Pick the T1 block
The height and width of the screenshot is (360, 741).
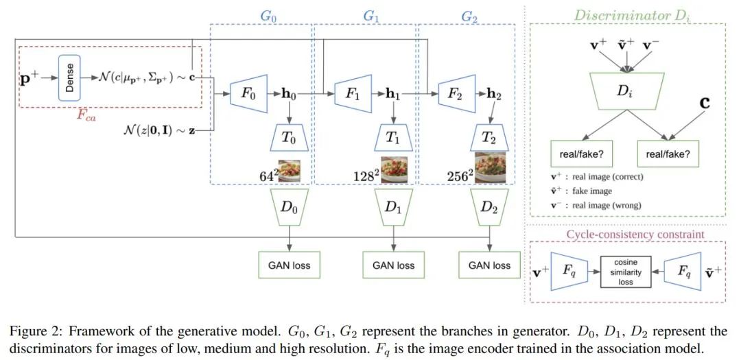click(392, 137)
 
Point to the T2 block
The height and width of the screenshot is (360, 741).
click(489, 137)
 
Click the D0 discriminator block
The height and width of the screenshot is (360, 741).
click(289, 206)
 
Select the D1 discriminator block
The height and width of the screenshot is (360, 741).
click(392, 206)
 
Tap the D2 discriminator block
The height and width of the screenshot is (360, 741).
click(489, 206)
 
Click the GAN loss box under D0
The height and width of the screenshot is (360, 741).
click(289, 265)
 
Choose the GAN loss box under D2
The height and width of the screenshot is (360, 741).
click(489, 265)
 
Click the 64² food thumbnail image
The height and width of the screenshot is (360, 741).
click(290, 170)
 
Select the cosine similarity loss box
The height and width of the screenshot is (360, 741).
click(625, 272)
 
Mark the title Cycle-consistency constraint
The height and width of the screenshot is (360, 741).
click(625, 235)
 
